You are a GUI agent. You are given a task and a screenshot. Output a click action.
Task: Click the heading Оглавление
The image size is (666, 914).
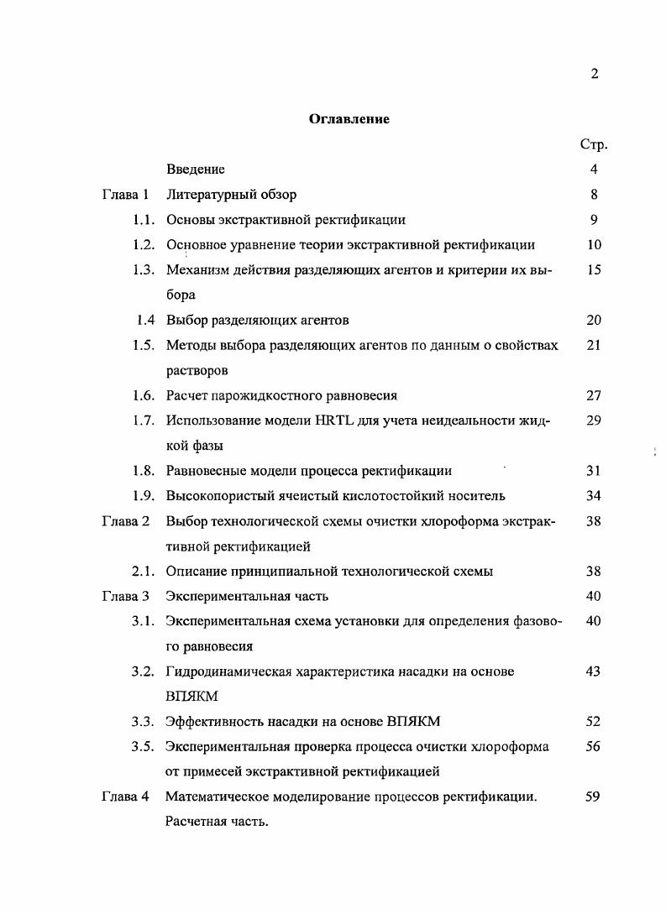(349, 119)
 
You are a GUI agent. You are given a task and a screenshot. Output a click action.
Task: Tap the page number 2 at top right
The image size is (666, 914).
(594, 74)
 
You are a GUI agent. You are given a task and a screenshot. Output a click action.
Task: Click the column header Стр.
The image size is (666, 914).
(593, 144)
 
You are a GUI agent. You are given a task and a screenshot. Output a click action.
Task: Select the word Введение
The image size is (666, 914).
(196, 170)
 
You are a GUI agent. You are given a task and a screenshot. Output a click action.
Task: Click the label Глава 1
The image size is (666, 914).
(125, 195)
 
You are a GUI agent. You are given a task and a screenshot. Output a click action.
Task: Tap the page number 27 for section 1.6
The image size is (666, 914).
(593, 395)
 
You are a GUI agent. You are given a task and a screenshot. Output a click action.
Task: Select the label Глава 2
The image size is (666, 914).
(125, 521)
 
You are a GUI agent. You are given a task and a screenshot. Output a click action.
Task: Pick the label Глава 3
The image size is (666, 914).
(125, 597)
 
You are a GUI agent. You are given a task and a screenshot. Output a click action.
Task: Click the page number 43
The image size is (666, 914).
(593, 671)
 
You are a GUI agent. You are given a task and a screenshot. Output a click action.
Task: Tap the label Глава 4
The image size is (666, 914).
(125, 797)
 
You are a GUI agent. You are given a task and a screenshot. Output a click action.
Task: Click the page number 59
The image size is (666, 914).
(593, 797)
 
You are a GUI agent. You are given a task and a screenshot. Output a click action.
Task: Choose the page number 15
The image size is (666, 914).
(593, 270)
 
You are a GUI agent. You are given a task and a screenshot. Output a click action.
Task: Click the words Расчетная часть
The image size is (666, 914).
(217, 823)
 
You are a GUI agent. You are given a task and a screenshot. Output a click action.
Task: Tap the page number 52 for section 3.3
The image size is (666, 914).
(593, 722)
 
